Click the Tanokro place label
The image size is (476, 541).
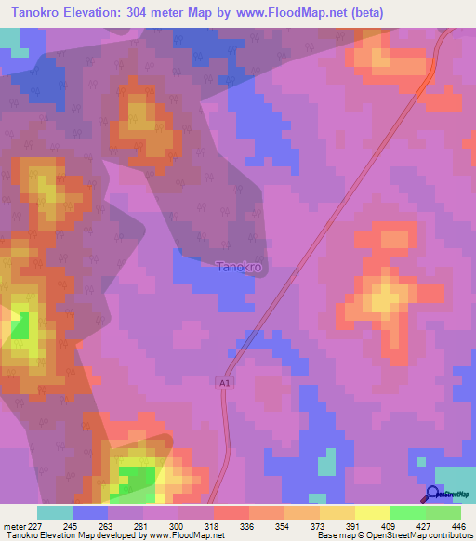(x=239, y=267)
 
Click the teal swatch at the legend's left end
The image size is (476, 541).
(x=55, y=512)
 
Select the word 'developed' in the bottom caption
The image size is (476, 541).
(x=114, y=535)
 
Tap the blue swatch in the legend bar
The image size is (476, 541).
(x=90, y=512)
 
